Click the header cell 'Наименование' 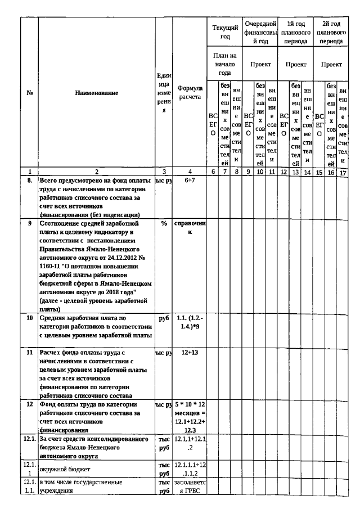(x=96, y=93)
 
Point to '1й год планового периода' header (x=296, y=33)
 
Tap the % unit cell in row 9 (x=164, y=223)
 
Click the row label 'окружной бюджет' (x=59, y=467)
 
